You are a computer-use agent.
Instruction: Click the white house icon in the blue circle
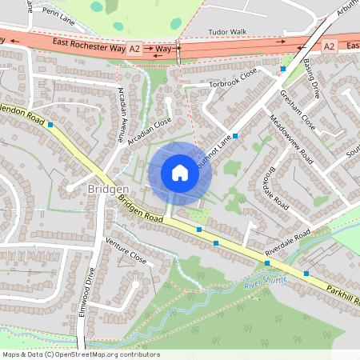click(180, 173)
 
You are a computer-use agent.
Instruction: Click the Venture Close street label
click(126, 252)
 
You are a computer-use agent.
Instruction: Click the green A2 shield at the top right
click(330, 47)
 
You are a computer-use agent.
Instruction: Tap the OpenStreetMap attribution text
click(81, 354)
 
